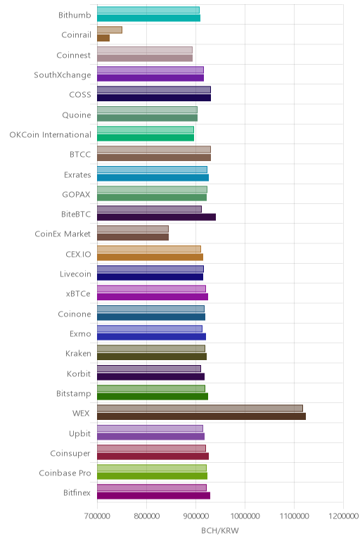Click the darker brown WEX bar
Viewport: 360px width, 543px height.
coord(201,416)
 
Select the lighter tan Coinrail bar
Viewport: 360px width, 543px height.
coord(110,30)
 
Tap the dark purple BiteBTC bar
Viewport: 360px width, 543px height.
coord(156,217)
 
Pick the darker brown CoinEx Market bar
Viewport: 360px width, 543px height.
coord(133,237)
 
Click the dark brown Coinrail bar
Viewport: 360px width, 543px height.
coord(103,38)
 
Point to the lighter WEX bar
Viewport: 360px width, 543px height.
coord(200,408)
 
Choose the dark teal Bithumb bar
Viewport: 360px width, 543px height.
coord(148,18)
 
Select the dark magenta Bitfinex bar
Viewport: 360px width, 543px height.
coord(153,496)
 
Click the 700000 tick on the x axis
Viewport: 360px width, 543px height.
coord(97,516)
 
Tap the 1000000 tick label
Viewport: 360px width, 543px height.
coord(245,516)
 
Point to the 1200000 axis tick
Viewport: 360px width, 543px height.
coord(344,516)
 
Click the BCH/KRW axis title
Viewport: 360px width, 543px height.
coord(220,530)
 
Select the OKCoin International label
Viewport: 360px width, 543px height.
coord(50,135)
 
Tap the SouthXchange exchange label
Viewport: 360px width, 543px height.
coord(63,75)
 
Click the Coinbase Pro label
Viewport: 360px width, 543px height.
coord(65,473)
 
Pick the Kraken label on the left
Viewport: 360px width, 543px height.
coord(78,354)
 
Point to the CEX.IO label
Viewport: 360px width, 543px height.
coord(78,254)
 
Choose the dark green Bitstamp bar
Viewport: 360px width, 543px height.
coord(153,397)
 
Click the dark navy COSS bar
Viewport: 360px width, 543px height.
coord(154,98)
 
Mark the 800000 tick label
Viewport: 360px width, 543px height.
coord(146,516)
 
